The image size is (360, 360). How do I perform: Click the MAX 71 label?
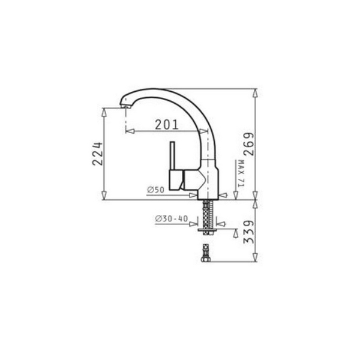click(x=238, y=175)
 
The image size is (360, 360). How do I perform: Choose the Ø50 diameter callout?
click(x=155, y=190)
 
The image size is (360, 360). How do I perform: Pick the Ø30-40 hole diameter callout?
click(x=171, y=219)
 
